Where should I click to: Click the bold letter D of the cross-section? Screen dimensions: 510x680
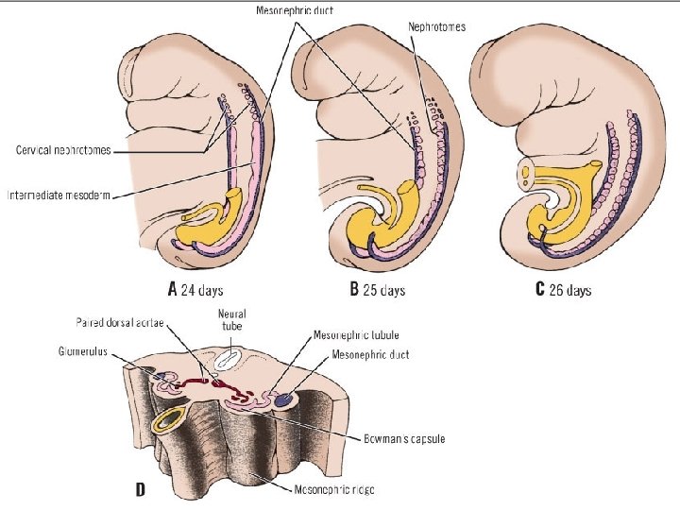point(141,489)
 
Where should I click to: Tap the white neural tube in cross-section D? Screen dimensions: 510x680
point(228,359)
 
